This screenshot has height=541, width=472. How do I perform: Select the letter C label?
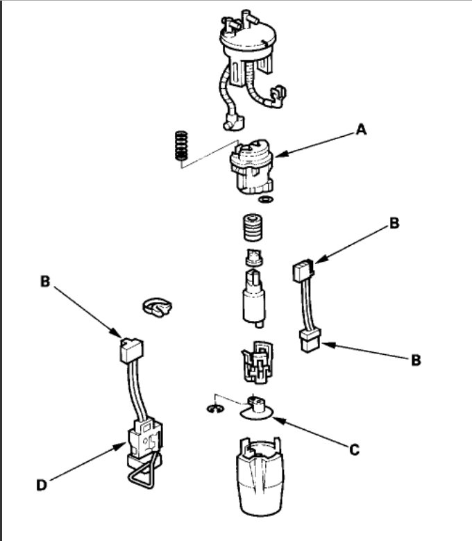coord(354,450)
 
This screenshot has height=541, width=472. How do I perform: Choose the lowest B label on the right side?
coord(416,360)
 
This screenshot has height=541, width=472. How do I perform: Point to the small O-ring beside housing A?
coord(263,200)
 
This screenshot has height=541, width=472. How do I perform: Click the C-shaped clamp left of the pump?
coord(157,308)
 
